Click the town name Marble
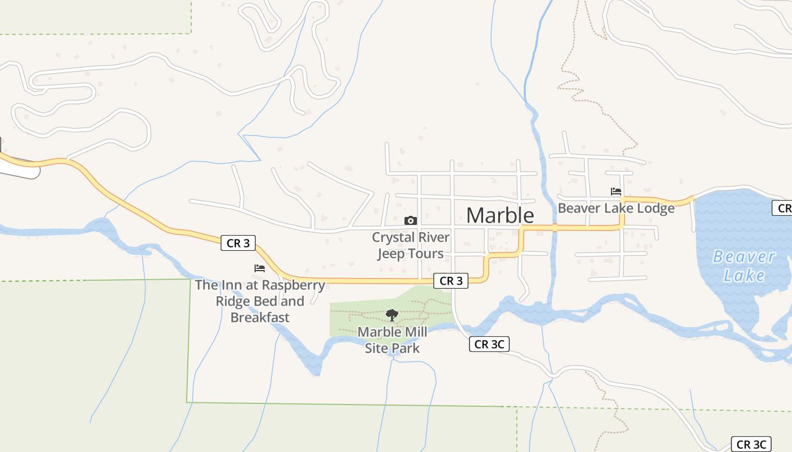500,215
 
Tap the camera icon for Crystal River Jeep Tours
411,220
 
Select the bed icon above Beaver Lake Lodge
616,192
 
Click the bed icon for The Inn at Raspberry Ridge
260,268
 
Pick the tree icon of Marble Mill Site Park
392,315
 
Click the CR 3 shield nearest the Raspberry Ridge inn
238,244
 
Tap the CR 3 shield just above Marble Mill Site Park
451,281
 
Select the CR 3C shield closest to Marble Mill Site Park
489,344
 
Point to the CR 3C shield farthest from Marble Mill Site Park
752,445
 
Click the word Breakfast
260,318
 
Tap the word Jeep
392,254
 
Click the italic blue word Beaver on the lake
743,257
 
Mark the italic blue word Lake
744,276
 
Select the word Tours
426,254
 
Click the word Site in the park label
377,349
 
